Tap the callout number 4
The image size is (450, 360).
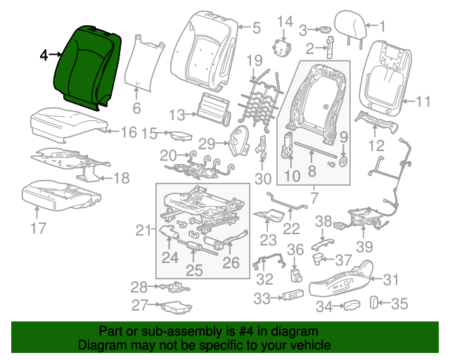pos(44,54)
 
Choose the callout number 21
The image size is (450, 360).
pos(144,230)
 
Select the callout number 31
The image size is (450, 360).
pos(390,279)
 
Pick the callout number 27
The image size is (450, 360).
pos(139,305)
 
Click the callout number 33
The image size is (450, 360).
pos(262,300)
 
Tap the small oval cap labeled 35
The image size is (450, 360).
pos(373,304)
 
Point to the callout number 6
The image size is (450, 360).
pos(136,108)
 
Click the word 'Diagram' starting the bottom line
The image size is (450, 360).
pos(99,346)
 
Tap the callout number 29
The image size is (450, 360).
pos(206,143)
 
